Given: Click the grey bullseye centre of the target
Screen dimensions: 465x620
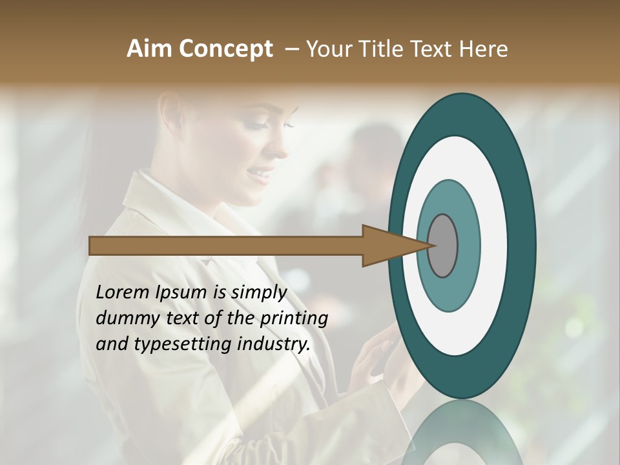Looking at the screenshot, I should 443,245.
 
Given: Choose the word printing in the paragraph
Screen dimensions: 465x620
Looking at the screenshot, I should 293,318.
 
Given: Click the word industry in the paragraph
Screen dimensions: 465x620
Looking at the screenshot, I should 274,344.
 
